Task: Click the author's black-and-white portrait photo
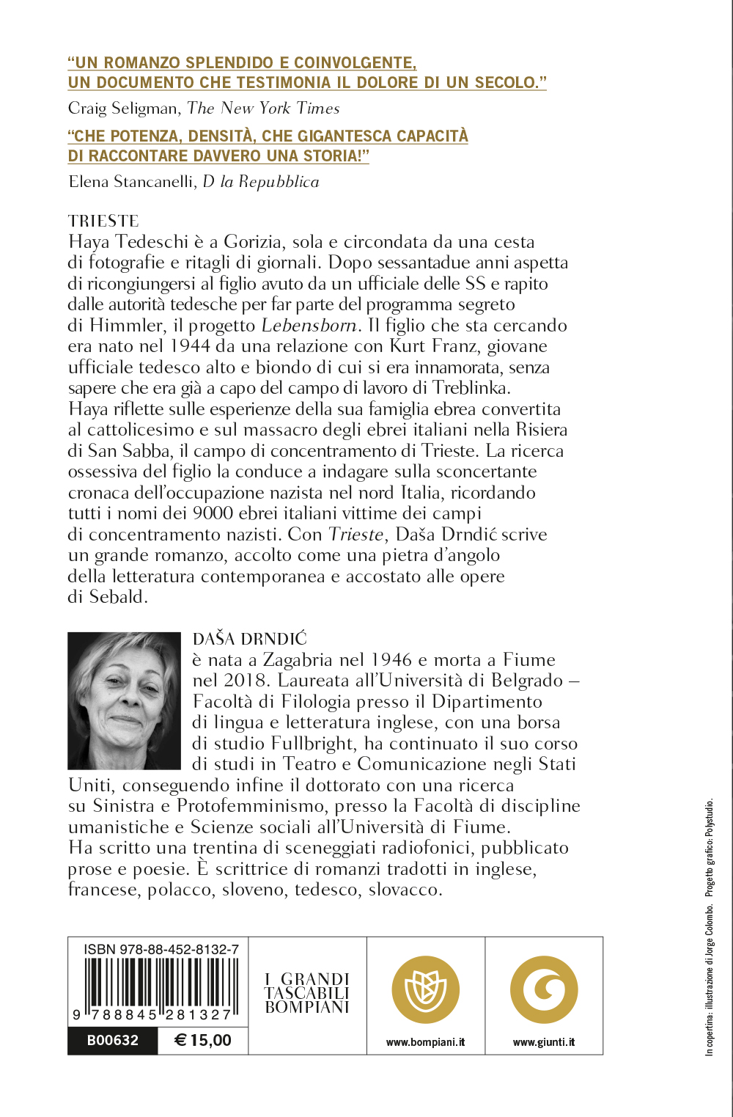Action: (124, 700)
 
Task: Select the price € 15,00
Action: (203, 1040)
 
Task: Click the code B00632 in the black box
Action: (112, 1040)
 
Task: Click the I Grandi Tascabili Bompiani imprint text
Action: (307, 993)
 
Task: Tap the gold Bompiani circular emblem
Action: (426, 990)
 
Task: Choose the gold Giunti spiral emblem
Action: (544, 990)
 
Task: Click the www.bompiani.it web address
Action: (426, 1042)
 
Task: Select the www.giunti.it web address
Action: (544, 1042)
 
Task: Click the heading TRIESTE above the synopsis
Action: (103, 221)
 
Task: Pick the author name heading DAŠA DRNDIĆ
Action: (250, 640)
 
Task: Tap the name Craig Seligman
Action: (123, 109)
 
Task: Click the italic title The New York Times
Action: (264, 109)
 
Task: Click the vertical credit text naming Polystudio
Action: (709, 847)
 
